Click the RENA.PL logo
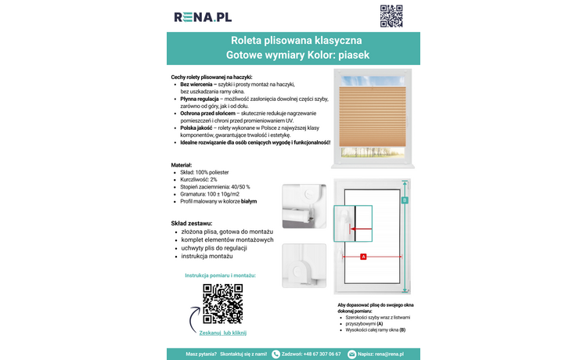[203, 16]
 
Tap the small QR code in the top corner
[391, 16]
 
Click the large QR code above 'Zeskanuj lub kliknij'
[222, 304]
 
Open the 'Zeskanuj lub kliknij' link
[222, 333]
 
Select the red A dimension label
[363, 257]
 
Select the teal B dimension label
[405, 200]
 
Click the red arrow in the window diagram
[361, 229]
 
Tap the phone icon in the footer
[275, 354]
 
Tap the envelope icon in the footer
[352, 354]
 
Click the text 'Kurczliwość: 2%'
[198, 179]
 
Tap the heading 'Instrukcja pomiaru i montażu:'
[221, 276]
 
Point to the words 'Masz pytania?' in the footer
[200, 354]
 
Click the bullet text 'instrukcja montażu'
[207, 256]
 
